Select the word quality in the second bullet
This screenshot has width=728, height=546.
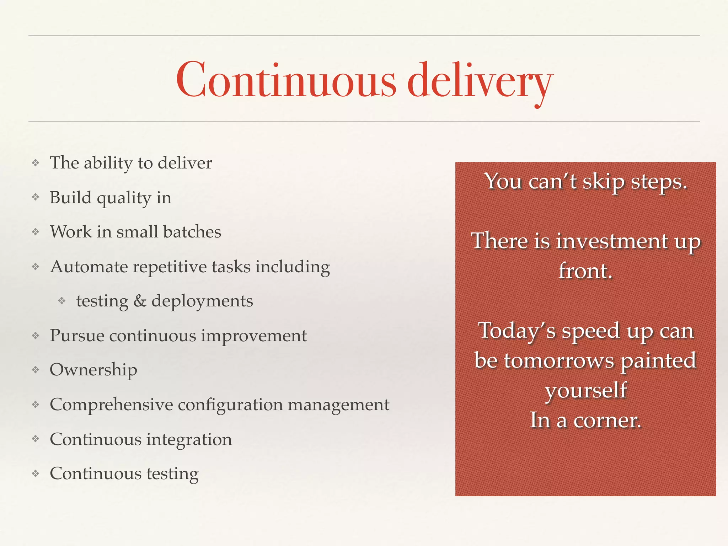point(124,198)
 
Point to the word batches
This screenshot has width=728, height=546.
point(192,232)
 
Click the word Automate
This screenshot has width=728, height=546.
point(89,267)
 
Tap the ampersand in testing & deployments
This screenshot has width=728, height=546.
point(140,301)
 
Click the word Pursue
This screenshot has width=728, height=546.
point(77,336)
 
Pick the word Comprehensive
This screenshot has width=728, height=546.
point(111,405)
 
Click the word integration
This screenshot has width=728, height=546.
point(189,440)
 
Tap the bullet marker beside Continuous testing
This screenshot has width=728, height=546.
point(35,473)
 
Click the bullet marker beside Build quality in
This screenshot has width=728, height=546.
point(35,197)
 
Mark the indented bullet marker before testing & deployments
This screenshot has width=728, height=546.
point(62,301)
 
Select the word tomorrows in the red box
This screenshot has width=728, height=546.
point(559,361)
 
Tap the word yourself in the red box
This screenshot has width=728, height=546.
point(586,391)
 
